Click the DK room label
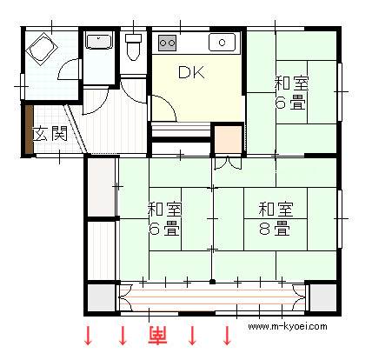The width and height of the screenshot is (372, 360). point(191,72)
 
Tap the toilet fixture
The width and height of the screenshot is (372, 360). point(133,47)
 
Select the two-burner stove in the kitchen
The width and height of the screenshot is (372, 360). point(168,43)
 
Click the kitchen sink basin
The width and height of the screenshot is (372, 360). point(222,43)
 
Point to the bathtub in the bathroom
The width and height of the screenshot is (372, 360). point(42,48)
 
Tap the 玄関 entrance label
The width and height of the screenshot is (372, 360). point(50,134)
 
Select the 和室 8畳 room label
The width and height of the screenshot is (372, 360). point(276,218)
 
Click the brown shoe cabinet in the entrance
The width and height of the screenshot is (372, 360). point(29,130)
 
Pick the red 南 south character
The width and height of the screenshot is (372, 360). point(158,336)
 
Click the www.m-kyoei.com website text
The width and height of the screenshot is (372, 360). point(288,327)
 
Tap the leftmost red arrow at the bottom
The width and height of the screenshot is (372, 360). point(88,336)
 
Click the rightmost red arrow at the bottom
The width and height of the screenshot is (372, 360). point(227,336)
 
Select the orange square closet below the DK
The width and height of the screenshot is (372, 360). point(228,139)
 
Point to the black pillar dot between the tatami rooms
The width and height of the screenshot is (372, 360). point(212,282)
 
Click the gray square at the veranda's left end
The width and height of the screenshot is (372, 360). point(102,297)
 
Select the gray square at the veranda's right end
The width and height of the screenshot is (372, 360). point(322,297)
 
